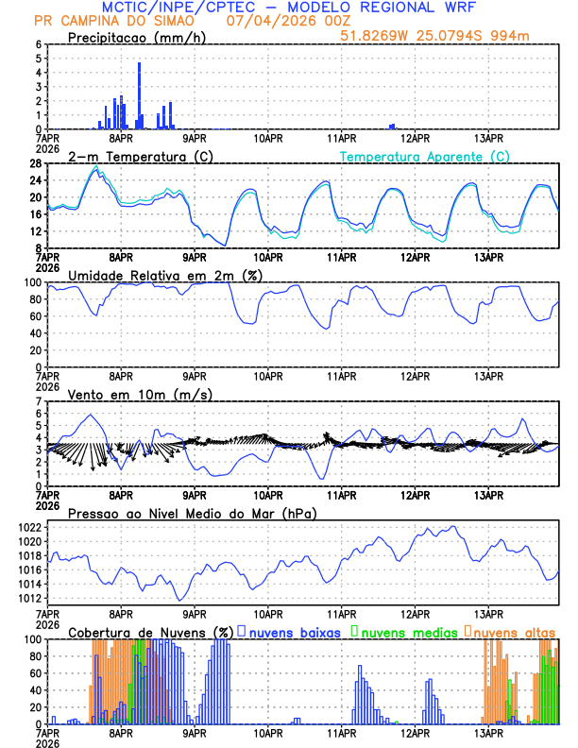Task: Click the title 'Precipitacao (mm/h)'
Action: pos(130,38)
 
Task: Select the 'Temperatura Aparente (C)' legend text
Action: pos(425,157)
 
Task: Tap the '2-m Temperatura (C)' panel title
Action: pos(133,157)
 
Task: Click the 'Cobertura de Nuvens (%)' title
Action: pos(150,632)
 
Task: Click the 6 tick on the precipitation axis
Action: pos(40,44)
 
